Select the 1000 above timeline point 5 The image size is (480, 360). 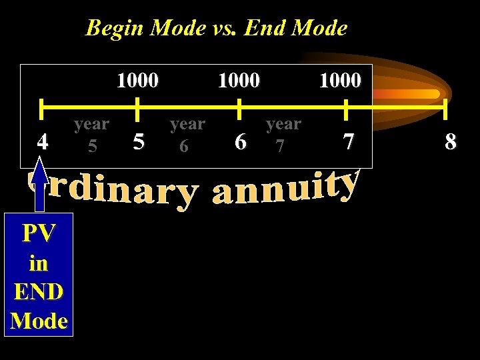(137, 81)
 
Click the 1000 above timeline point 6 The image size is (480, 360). (239, 81)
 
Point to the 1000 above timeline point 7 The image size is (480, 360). (340, 81)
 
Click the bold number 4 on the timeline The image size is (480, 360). (43, 141)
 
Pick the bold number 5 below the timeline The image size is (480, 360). (138, 141)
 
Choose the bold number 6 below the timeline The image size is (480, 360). (241, 141)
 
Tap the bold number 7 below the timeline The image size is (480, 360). (347, 141)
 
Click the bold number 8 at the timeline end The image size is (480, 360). (451, 141)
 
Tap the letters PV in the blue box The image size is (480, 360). (38, 233)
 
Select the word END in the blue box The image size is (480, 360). (38, 291)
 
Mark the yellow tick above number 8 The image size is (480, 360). (446, 107)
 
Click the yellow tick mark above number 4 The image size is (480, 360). (41, 107)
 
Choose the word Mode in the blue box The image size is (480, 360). (39, 321)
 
